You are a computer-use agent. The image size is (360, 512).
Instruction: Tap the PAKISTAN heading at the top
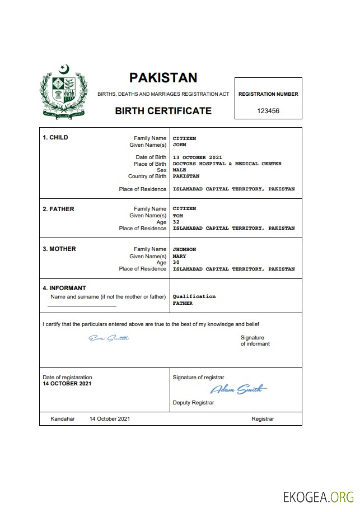163,78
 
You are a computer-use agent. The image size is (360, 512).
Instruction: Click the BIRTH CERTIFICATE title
163,111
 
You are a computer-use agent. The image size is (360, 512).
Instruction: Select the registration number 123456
268,111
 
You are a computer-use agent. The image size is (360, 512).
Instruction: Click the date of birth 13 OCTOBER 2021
197,157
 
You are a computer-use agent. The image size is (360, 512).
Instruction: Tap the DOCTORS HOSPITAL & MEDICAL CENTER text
227,164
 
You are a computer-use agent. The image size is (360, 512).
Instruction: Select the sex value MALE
179,170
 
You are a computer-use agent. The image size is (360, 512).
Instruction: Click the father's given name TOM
177,216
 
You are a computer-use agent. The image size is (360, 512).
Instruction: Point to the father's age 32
176,222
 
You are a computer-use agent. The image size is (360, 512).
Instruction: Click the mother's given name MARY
179,256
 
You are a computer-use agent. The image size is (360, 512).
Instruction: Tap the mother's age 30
176,263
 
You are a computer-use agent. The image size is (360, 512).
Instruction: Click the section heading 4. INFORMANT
64,288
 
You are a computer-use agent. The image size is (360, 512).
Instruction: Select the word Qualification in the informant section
194,296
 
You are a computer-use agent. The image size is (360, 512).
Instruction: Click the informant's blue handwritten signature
109,338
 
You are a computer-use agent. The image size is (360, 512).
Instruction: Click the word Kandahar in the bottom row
62,419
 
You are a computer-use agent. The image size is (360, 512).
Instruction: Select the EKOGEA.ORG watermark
319,496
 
